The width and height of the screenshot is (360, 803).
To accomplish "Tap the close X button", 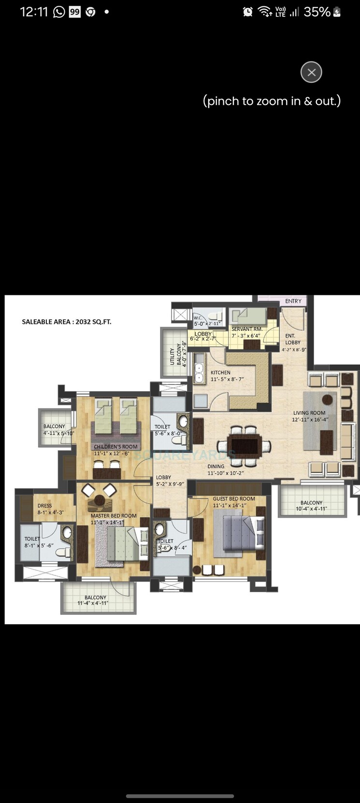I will pos(311,73).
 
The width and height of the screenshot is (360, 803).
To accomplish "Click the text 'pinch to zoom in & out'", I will pos(272,101).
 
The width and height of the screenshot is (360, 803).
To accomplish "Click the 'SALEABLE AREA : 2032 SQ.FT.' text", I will pos(67,321).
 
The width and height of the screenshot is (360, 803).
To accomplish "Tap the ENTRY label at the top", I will pos(293,301).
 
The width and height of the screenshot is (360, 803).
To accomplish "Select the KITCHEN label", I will pos(220,372).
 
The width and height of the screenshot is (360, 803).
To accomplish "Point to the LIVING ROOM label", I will pos(309,413).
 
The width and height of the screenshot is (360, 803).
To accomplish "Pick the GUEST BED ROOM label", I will pos(234,498).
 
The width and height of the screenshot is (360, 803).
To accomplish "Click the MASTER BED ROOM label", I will pos(114,516).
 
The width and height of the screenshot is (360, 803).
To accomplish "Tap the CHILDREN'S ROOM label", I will pos(115,447).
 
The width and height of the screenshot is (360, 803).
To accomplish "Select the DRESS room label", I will pos(44,506).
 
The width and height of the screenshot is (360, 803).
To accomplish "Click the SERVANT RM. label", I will pos(246,329).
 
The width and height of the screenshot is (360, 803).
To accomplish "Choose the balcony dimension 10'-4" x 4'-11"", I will pos(311,509).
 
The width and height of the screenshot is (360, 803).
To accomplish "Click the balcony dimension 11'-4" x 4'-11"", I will pos(95,603).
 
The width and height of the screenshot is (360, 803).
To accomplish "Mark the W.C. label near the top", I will pos(198,318).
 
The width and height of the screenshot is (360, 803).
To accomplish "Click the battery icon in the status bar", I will pos(337,12).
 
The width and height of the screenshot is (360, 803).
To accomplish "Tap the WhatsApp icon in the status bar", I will pos(59,12).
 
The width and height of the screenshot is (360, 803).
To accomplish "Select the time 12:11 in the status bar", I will pos(34,12).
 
